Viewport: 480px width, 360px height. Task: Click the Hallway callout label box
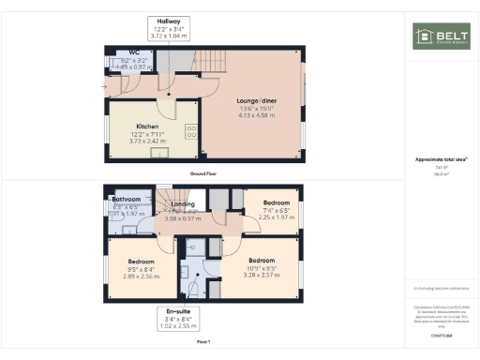(169, 27)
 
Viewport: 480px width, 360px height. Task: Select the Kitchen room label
(148, 126)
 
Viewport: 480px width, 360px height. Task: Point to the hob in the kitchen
(190, 132)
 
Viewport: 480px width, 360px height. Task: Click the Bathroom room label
(126, 199)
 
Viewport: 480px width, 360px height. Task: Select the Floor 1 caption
(203, 340)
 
